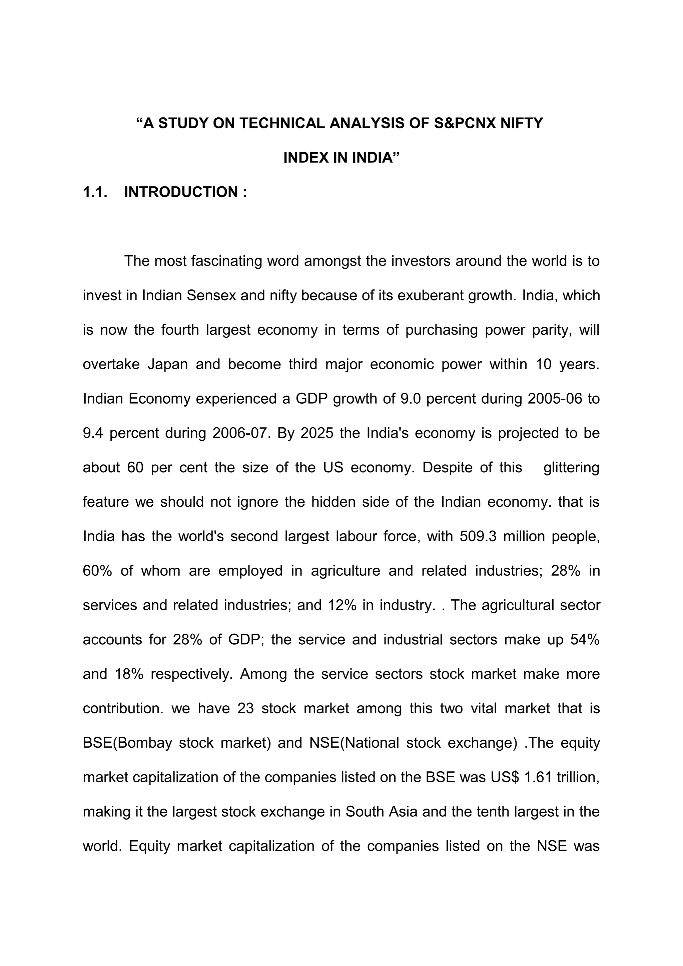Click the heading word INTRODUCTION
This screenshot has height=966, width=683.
(x=181, y=192)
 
